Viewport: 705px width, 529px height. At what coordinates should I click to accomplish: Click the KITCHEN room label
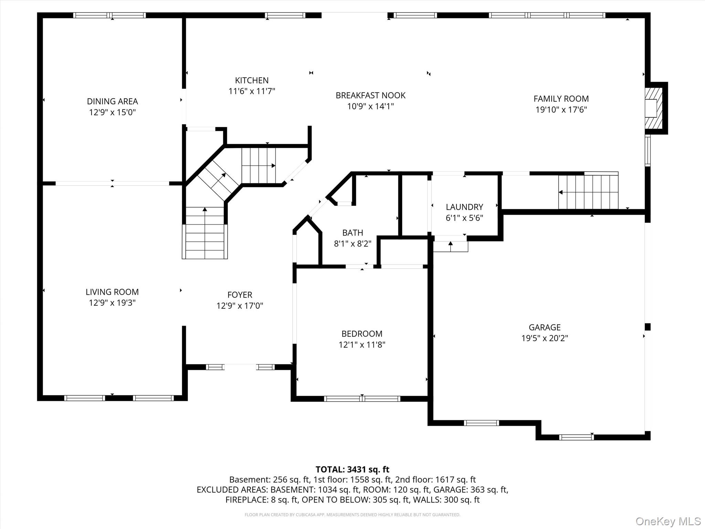(252, 80)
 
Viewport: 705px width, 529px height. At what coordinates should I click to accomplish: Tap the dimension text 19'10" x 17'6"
(561, 110)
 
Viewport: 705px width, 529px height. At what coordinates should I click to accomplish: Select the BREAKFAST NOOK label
(370, 95)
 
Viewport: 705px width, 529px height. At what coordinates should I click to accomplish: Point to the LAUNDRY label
(464, 207)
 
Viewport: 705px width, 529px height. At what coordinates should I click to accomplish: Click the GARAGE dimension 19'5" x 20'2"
(544, 338)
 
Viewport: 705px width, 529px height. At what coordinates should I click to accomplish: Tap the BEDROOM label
(361, 334)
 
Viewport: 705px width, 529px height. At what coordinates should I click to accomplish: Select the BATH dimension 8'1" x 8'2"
(352, 244)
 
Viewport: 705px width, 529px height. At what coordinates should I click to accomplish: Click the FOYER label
(240, 295)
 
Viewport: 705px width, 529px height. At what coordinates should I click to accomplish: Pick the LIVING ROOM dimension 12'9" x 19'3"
(112, 303)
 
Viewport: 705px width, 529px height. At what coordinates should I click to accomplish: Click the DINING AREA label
(112, 101)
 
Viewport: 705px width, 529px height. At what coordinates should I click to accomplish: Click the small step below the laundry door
(450, 246)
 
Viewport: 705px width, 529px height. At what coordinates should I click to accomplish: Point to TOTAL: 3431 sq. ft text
(352, 469)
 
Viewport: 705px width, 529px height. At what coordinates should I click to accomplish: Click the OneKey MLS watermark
(668, 521)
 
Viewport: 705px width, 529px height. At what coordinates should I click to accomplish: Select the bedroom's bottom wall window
(362, 399)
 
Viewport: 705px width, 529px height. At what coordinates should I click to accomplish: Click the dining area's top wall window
(109, 15)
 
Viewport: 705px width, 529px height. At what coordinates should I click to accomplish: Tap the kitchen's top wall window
(285, 15)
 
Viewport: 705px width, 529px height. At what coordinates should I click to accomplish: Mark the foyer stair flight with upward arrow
(204, 232)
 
